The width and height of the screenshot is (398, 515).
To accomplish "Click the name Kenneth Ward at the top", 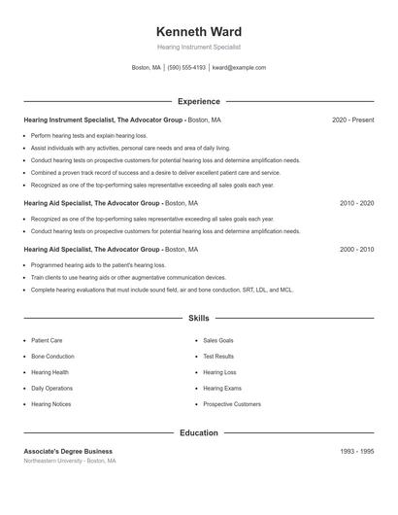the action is (199, 32).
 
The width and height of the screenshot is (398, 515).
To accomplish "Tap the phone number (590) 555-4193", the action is (186, 68).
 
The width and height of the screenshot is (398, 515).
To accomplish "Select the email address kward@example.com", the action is (239, 68).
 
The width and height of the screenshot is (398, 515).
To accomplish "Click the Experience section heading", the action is (199, 101).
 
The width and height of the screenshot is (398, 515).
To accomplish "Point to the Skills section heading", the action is (199, 318).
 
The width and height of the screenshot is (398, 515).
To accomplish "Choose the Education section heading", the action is (199, 432).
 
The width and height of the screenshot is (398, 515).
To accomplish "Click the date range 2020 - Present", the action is (352, 120).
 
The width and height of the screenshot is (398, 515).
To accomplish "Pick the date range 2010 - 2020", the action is (356, 203).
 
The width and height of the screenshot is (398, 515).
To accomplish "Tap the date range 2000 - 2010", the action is (356, 250).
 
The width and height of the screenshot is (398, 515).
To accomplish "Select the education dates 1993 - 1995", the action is (356, 452).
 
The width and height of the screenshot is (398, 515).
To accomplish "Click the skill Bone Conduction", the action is (52, 357).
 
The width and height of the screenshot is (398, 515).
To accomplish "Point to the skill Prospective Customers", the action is (232, 404).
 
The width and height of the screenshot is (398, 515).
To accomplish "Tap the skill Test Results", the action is (219, 357).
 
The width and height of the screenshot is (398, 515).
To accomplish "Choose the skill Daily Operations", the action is (51, 389).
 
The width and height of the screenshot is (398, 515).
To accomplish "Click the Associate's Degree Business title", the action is (68, 452).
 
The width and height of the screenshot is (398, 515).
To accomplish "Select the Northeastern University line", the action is (70, 462).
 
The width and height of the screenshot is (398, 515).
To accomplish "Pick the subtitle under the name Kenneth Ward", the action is (199, 47).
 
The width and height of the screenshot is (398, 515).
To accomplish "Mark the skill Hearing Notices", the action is (50, 404).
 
